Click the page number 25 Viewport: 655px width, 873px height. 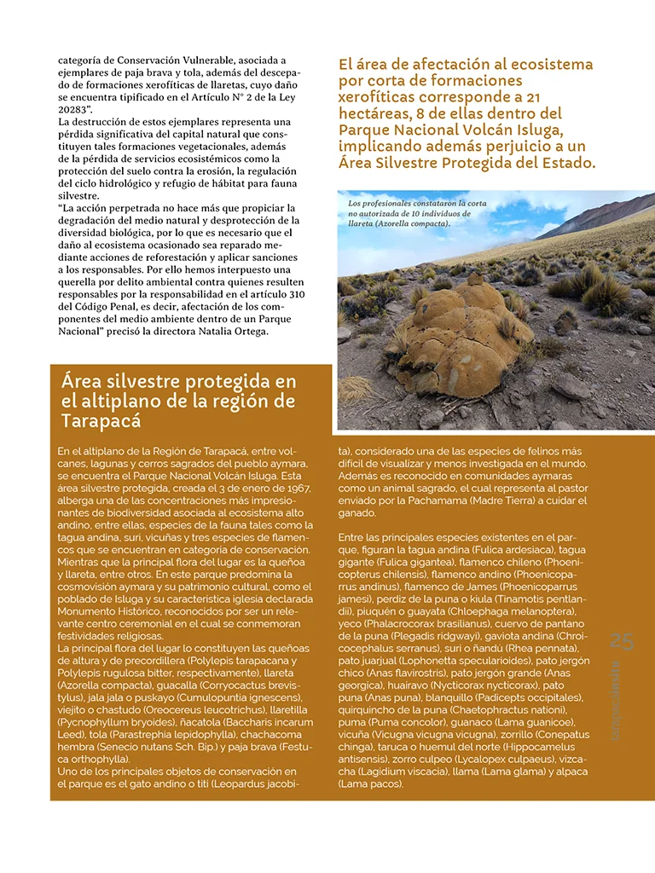623,643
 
